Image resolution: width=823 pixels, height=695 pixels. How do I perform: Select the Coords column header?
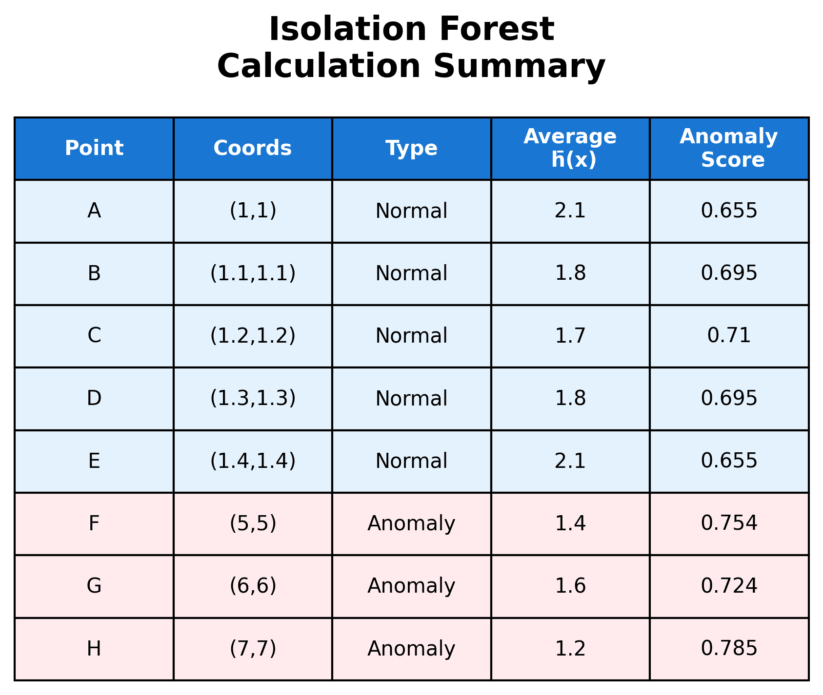point(253,148)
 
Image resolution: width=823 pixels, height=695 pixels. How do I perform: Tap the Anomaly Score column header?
point(729,148)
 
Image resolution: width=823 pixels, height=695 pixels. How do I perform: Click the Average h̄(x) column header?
point(570,148)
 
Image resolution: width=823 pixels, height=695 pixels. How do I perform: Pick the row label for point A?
point(94,211)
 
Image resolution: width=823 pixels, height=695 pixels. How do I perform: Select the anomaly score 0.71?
point(729,336)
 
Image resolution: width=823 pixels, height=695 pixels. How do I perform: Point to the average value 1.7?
point(570,336)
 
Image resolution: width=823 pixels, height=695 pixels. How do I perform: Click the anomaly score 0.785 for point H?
point(729,649)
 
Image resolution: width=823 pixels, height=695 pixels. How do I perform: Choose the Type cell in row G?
point(411,586)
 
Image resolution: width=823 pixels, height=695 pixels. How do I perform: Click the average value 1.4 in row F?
point(570,523)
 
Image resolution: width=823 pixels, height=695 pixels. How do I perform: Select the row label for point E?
point(94,461)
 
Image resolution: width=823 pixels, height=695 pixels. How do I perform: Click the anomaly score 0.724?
point(729,586)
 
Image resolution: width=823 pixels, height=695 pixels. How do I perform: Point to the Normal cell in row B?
point(411,273)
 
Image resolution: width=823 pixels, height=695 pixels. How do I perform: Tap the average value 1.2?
point(570,649)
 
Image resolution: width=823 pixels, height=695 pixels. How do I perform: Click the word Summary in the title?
point(519,66)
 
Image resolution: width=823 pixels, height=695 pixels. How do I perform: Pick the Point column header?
point(94,148)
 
